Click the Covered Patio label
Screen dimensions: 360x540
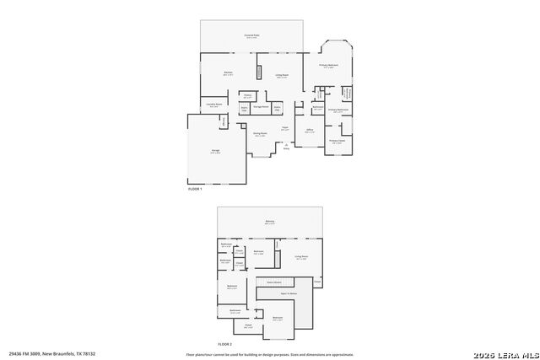click(251, 36)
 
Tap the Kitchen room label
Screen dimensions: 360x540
click(227, 73)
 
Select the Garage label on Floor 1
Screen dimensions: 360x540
click(216, 152)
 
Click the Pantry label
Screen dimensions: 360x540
click(248, 95)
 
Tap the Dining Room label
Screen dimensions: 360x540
click(261, 134)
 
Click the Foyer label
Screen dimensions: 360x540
click(285, 129)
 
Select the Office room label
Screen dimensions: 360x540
click(310, 131)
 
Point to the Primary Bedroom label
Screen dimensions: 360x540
click(329, 66)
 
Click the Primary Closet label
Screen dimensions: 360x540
click(337, 142)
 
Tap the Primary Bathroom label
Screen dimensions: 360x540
click(337, 110)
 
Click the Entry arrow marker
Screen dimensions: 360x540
click(286, 147)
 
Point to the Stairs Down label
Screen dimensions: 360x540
click(274, 281)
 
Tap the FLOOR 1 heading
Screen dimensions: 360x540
click(196, 189)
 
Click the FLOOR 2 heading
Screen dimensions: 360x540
click(224, 345)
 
